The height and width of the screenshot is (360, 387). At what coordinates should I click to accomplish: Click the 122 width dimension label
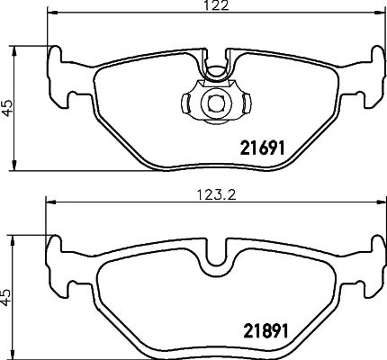point(213,6)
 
